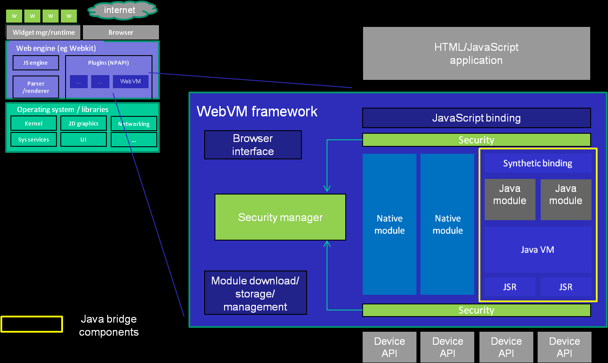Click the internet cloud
[x=122, y=10]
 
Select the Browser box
[x=121, y=33]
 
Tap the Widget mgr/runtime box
[x=43, y=33]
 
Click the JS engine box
[x=36, y=63]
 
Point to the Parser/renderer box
[x=36, y=87]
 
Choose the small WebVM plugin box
[x=130, y=82]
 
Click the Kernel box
[x=33, y=123]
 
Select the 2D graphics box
[x=83, y=123]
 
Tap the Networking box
[x=134, y=124]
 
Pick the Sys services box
[x=33, y=140]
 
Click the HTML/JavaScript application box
[x=476, y=53]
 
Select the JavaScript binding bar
[x=476, y=118]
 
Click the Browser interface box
[x=253, y=145]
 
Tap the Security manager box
[x=280, y=217]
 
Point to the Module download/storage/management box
[x=255, y=293]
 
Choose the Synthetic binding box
[x=538, y=163]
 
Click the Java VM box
[x=538, y=250]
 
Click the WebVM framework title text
[x=257, y=112]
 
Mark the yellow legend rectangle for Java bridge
[x=32, y=324]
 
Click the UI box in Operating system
[x=83, y=140]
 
